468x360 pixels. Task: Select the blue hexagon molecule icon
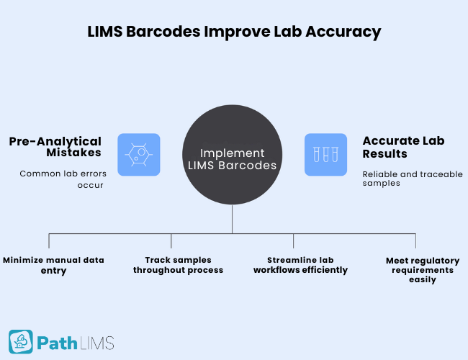point(138,155)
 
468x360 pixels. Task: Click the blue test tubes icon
point(325,155)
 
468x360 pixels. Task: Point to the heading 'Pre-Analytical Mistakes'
point(55,148)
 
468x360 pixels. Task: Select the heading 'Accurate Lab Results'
point(395,148)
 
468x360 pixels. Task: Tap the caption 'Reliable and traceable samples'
point(412,179)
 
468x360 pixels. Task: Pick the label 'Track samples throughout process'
point(184,265)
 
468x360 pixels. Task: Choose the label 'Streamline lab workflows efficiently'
point(300,265)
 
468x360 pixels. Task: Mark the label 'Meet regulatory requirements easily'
point(423,270)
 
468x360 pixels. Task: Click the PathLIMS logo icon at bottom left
point(21,341)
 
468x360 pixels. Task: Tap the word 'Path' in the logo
point(58,342)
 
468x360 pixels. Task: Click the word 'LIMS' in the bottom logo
point(97,342)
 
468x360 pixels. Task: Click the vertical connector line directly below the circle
point(232,223)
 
